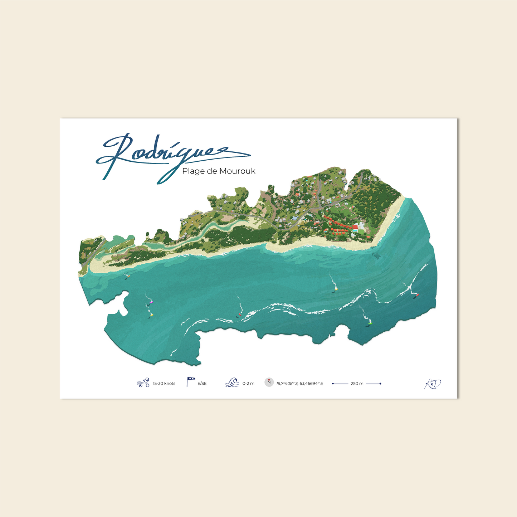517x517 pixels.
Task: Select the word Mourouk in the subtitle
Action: tap(237, 171)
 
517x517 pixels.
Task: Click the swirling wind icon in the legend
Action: tap(143, 383)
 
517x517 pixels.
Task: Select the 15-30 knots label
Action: tap(164, 384)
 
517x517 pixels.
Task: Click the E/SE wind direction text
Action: tap(202, 384)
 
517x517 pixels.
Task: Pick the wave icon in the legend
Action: tap(232, 382)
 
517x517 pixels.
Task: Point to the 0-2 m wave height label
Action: tap(248, 384)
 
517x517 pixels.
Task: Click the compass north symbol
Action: tap(269, 382)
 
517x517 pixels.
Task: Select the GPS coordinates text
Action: tap(299, 384)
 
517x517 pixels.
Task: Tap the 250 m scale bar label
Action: tap(357, 384)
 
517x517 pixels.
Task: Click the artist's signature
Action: tap(433, 384)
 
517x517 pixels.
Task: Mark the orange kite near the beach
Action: tap(128, 276)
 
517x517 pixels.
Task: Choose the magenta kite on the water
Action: tap(151, 302)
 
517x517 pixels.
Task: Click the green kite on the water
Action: tap(371, 323)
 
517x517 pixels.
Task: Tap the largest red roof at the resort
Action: tap(355, 227)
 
